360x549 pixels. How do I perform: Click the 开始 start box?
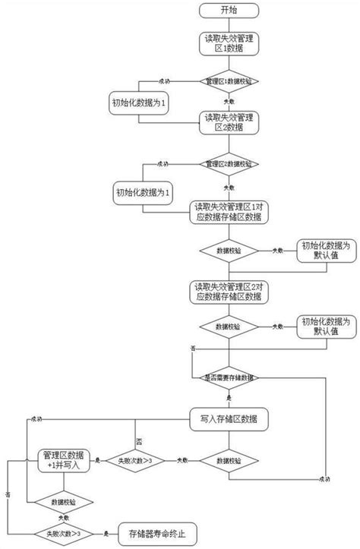pos(228,11)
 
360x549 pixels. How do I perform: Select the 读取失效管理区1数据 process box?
pos(228,43)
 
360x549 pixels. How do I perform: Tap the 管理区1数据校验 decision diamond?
pos(228,80)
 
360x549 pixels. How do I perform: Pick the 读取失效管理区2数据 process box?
pos(228,121)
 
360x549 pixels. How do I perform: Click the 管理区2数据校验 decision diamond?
pos(228,163)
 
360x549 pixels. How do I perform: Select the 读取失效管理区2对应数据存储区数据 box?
pos(228,291)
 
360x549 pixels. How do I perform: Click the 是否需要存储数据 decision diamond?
pos(228,377)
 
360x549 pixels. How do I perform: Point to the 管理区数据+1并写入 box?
pos(64,460)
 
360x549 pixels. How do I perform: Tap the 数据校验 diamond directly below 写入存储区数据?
pos(228,460)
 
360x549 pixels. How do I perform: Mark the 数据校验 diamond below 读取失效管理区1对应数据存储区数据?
pos(228,251)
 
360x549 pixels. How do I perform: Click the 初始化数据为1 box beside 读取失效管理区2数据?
pos(145,190)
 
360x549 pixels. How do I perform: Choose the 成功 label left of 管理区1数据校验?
pos(163,79)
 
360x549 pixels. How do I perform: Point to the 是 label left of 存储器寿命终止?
pos(106,533)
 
